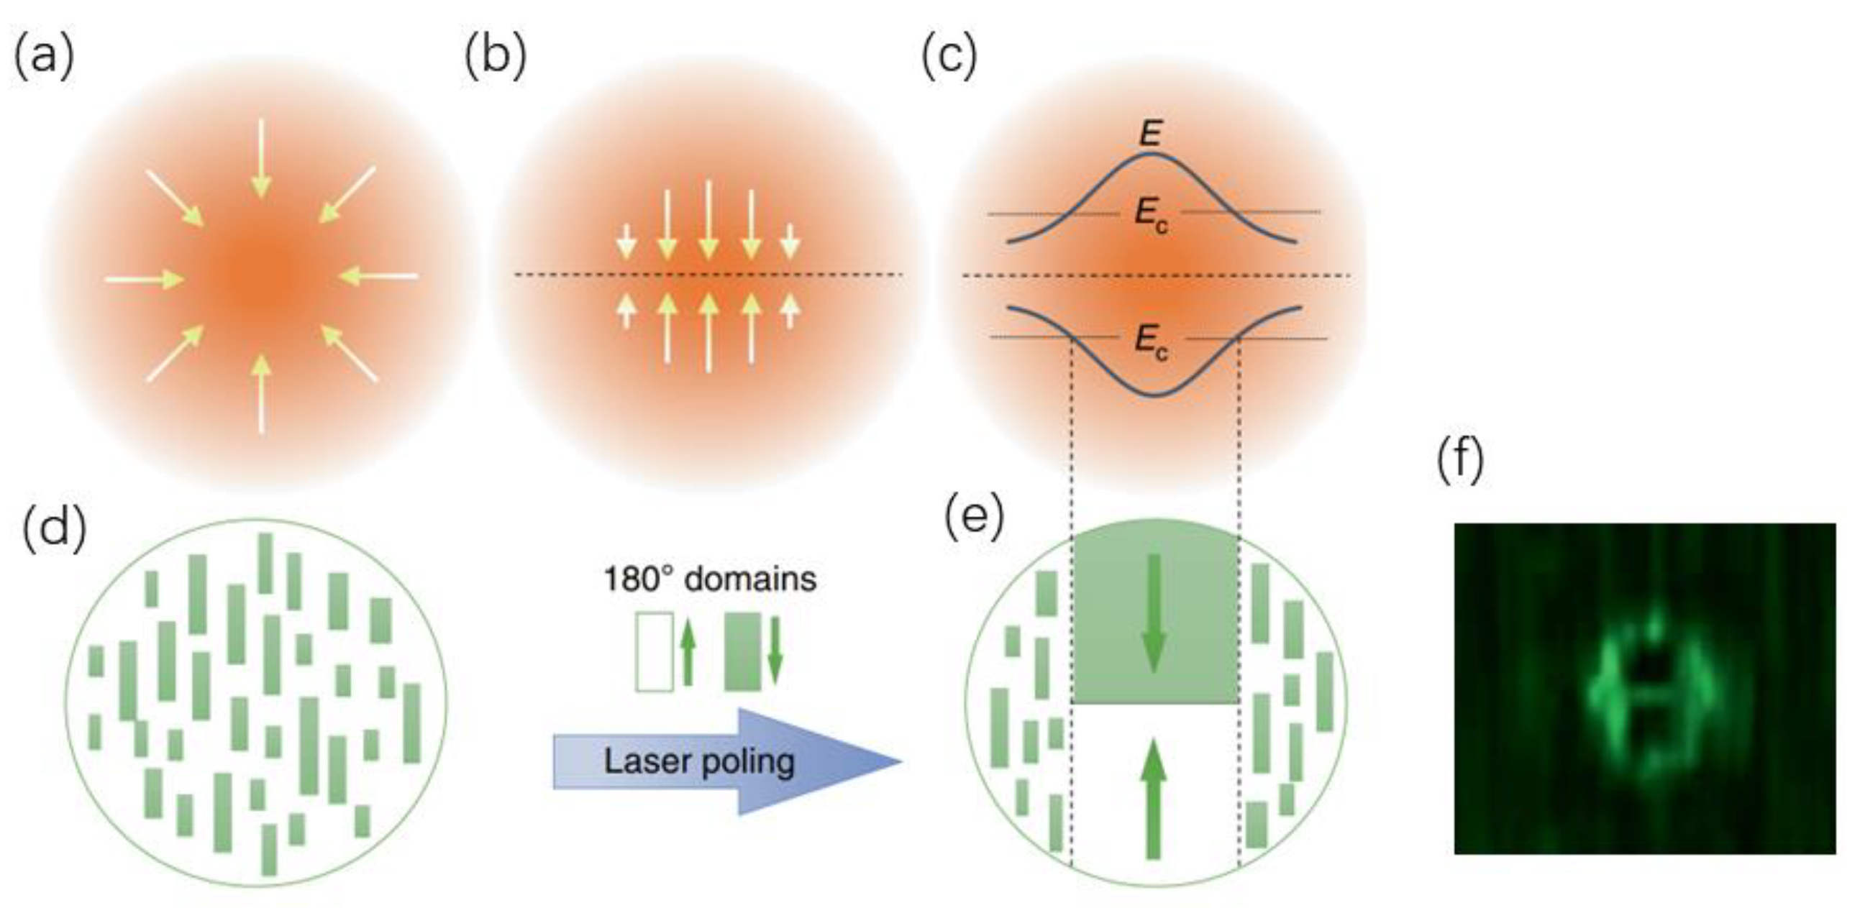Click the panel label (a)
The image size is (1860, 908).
[x=43, y=56]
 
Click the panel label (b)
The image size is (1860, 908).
[x=496, y=56]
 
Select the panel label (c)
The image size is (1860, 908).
[x=949, y=56]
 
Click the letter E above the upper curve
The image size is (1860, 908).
[x=1149, y=134]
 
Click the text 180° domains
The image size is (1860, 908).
[x=710, y=579]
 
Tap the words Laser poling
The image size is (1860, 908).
[x=699, y=761]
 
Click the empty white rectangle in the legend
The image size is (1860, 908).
[x=655, y=652]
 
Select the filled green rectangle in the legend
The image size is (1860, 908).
[x=743, y=652]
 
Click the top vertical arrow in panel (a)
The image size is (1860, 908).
[x=260, y=157]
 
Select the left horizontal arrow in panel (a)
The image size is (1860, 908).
[x=143, y=278]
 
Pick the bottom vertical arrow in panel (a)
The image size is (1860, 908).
[x=261, y=393]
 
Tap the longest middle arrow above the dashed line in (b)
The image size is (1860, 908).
[x=708, y=219]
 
